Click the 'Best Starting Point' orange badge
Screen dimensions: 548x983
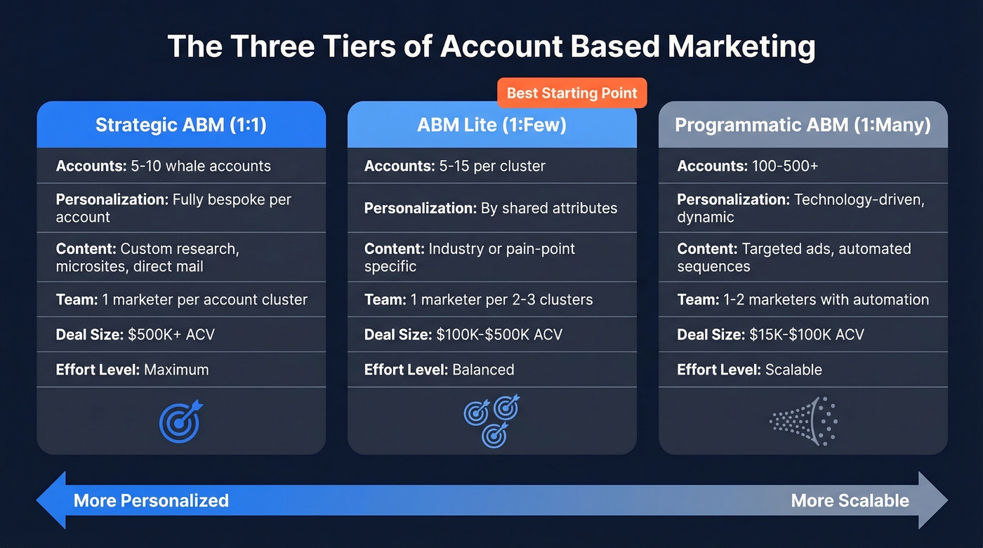point(572,93)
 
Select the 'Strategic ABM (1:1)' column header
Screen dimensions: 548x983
point(181,125)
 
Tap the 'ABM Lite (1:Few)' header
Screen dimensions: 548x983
point(491,125)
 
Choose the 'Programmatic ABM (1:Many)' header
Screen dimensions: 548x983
point(803,125)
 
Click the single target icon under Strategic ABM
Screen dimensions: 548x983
point(180,421)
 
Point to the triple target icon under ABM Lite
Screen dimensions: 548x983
point(492,420)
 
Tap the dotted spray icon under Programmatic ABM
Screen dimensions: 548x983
point(803,420)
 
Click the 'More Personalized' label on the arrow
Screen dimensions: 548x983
point(151,500)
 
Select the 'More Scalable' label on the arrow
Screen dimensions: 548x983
point(850,500)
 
